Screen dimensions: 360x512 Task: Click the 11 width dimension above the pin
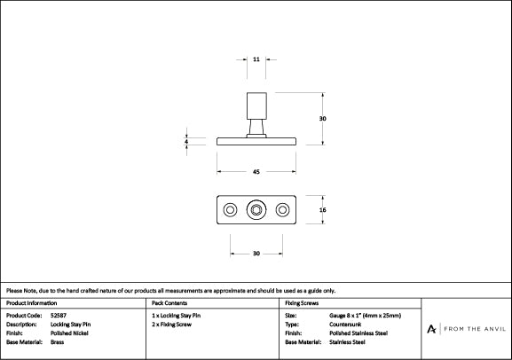pyautogui.click(x=256, y=59)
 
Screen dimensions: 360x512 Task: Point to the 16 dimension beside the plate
pyautogui.click(x=323, y=210)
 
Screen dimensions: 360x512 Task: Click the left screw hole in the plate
pyautogui.click(x=230, y=210)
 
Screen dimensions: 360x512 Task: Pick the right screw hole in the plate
pyautogui.click(x=283, y=210)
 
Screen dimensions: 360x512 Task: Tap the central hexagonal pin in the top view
pyautogui.click(x=256, y=210)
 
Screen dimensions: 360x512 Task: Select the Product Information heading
pyautogui.click(x=31, y=303)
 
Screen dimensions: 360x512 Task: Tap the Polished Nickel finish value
pyautogui.click(x=70, y=333)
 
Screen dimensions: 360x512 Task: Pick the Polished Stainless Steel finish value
pyautogui.click(x=358, y=333)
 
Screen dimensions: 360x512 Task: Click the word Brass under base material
pyautogui.click(x=58, y=341)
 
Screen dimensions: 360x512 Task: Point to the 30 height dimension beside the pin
pyautogui.click(x=323, y=119)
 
